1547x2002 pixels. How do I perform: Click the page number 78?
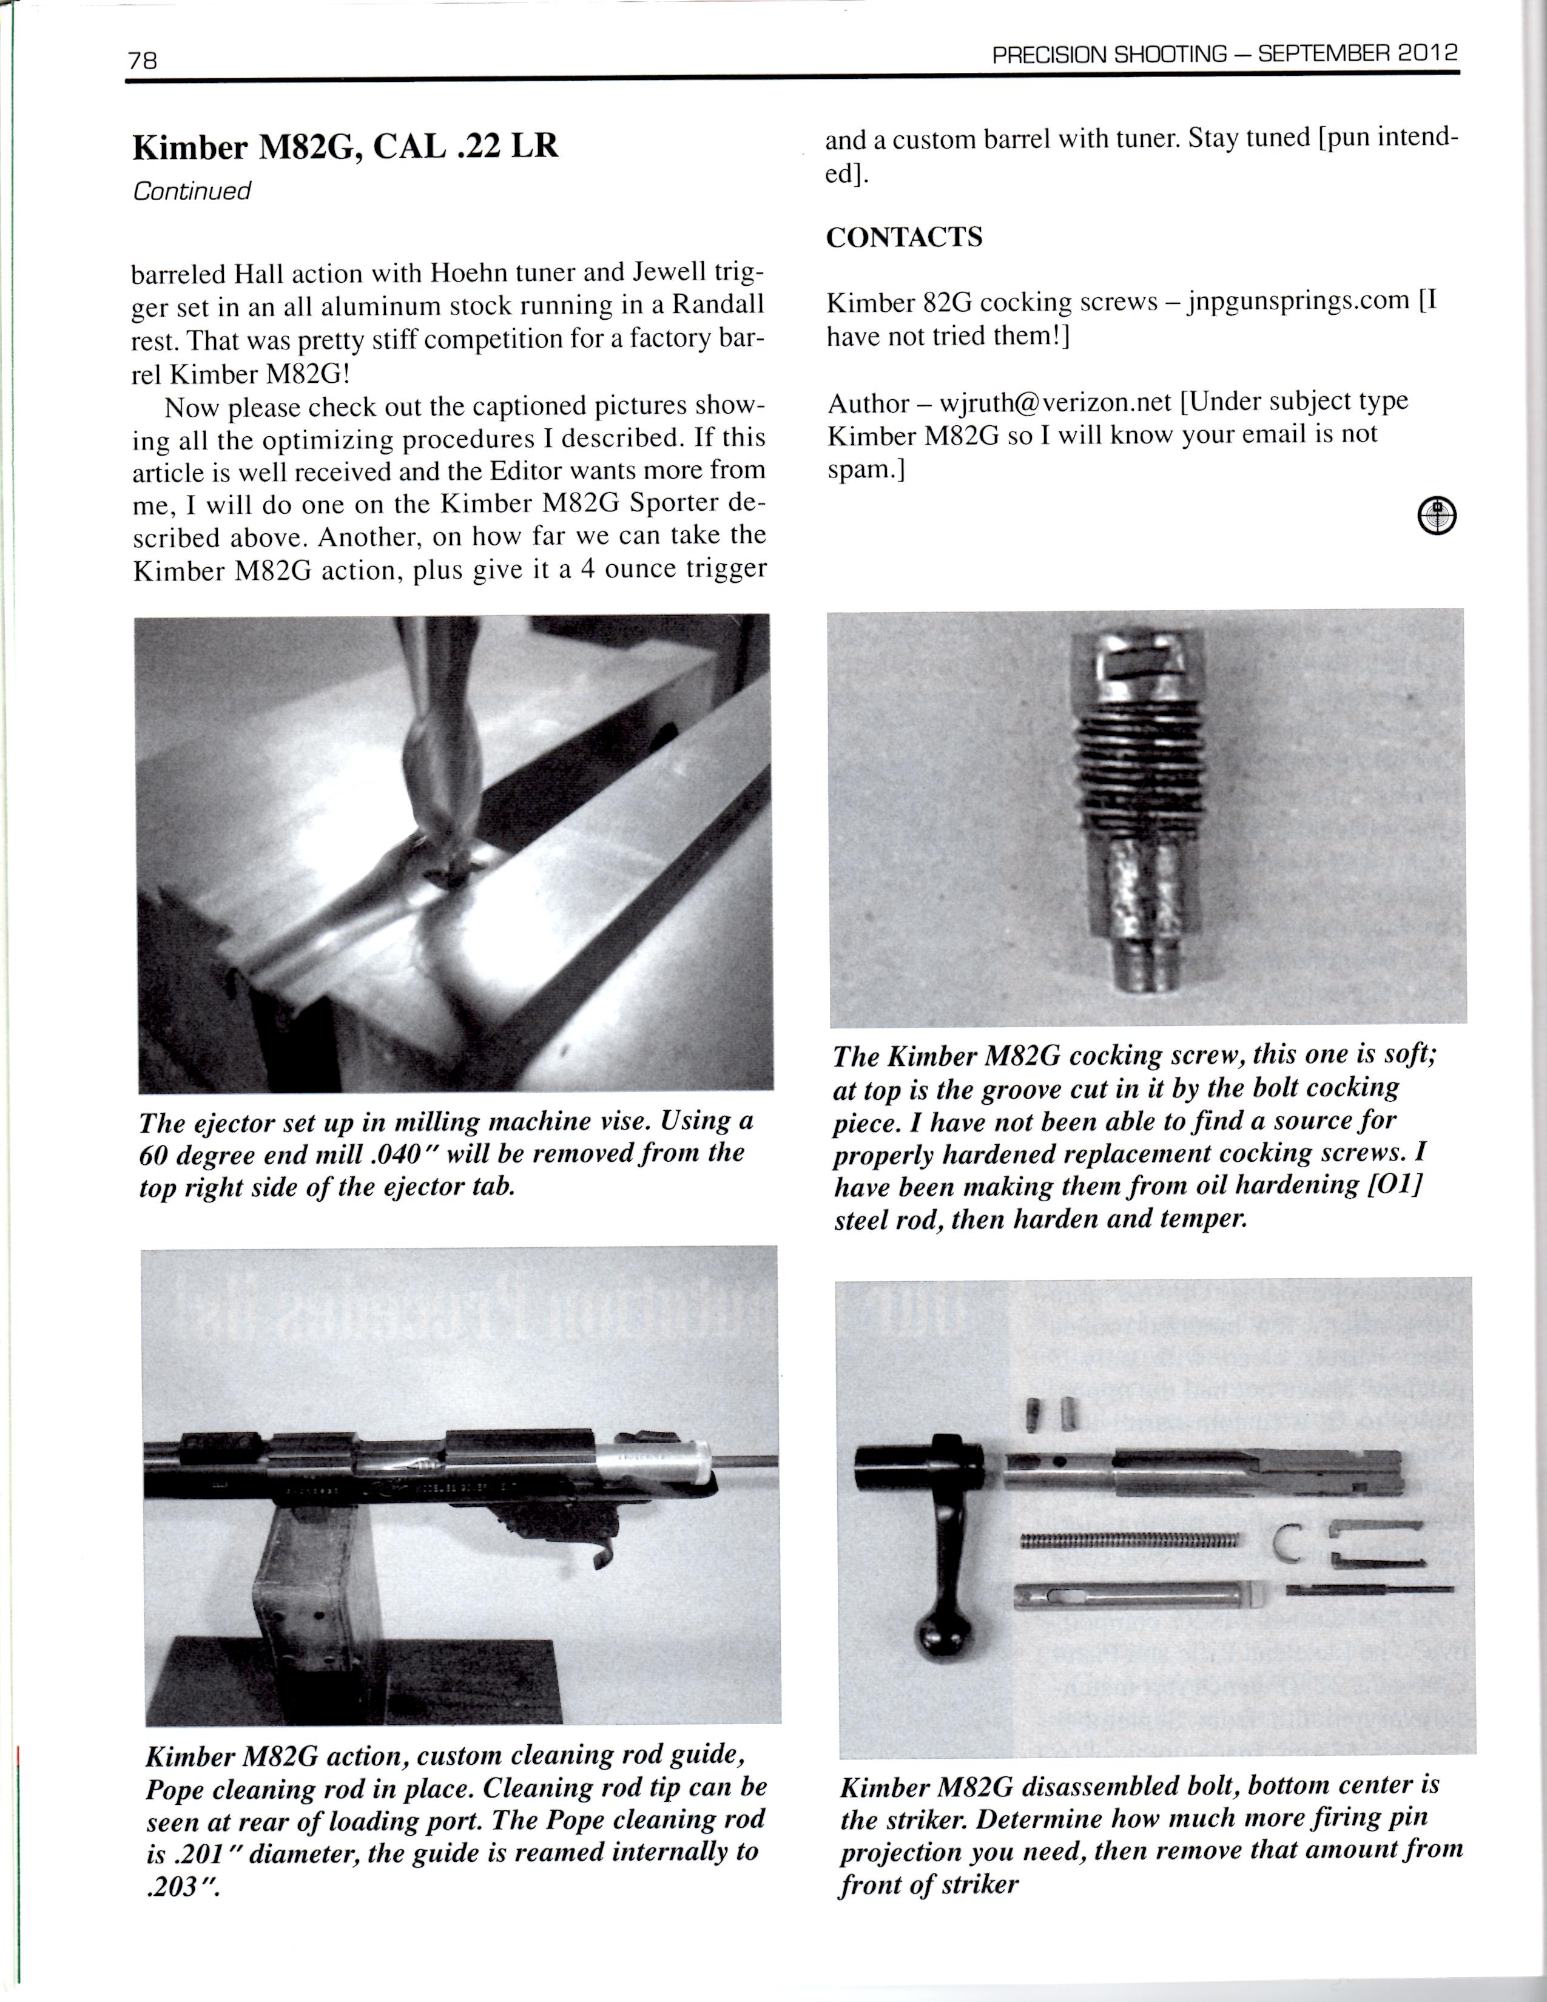(143, 61)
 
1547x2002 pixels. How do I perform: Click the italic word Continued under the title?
(190, 192)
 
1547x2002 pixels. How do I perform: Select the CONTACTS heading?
(904, 237)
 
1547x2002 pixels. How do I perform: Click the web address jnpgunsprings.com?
(1297, 301)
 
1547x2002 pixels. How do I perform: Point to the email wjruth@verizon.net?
(1055, 402)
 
